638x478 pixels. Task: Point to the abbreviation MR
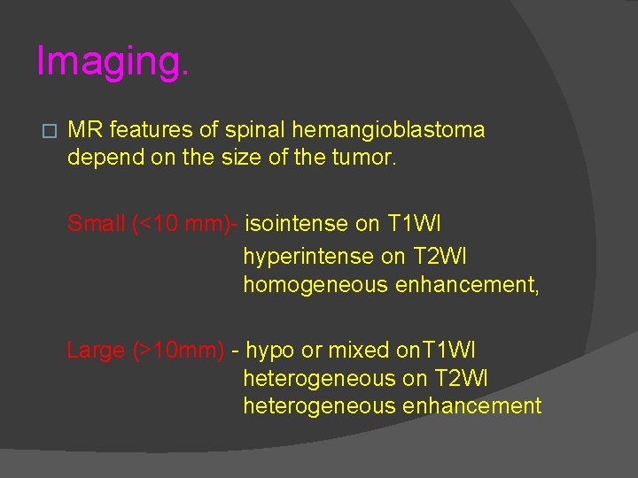click(84, 130)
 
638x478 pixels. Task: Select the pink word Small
click(96, 224)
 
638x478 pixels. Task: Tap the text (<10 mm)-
click(184, 224)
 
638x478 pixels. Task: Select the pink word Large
click(96, 351)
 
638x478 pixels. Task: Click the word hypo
click(271, 351)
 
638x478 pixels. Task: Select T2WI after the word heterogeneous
click(462, 379)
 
